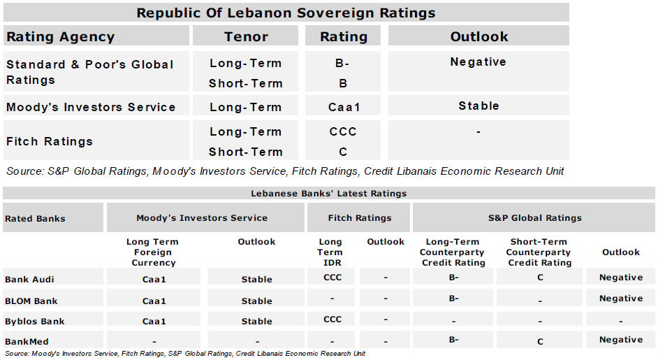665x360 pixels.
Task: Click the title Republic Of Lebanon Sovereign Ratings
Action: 286,13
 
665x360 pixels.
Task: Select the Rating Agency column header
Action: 60,37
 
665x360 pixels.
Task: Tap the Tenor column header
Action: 247,37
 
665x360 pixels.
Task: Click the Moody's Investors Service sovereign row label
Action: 91,107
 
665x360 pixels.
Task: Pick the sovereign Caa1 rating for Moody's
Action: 343,108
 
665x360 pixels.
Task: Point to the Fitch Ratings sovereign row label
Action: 50,141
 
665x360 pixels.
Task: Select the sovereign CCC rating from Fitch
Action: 343,131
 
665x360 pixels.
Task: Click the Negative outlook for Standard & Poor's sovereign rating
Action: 478,62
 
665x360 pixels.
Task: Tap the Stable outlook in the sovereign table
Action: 478,106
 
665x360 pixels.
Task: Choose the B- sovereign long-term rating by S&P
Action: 342,63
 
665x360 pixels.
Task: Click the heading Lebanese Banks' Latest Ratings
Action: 328,193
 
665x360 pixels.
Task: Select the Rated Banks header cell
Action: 35,218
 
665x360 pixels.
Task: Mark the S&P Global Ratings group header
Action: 534,218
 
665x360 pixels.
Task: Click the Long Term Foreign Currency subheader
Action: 154,252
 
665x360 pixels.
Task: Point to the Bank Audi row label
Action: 29,279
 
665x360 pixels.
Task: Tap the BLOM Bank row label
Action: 31,301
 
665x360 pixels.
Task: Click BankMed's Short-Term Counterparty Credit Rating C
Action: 540,341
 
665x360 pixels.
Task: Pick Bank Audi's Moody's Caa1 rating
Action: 154,279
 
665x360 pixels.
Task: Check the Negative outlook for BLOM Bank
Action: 621,298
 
